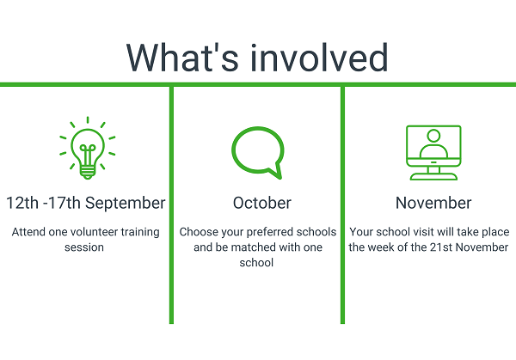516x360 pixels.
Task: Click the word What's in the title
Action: [182, 58]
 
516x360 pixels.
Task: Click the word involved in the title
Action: [319, 58]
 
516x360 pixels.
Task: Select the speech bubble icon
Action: [258, 153]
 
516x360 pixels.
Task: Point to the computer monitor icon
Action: [433, 153]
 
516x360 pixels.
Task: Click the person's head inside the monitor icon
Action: [433, 136]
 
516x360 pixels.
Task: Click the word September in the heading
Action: [126, 204]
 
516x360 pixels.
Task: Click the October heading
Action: [262, 203]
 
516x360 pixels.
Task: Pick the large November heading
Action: [433, 203]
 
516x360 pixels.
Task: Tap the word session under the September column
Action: [84, 247]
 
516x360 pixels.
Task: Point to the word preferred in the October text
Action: [270, 233]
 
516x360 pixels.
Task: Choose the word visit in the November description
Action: [422, 232]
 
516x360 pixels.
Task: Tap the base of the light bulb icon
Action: [88, 173]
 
